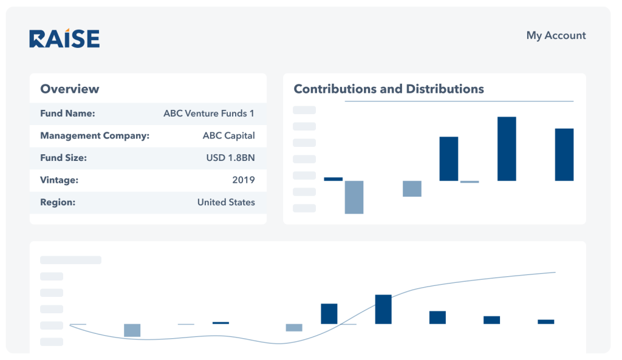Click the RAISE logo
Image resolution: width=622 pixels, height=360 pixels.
(x=64, y=38)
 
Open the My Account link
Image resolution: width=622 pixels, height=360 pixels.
(x=556, y=35)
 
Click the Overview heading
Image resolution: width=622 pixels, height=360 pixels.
(x=69, y=89)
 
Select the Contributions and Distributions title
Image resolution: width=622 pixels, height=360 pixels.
(x=389, y=89)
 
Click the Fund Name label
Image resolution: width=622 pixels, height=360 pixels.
(x=67, y=113)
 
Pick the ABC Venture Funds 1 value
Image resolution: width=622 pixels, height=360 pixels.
(x=209, y=113)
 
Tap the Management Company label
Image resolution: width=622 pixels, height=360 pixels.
(x=95, y=135)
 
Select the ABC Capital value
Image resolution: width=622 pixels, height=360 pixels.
(x=228, y=135)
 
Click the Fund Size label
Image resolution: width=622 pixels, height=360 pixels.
(x=63, y=158)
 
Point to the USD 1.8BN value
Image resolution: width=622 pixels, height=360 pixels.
(x=230, y=158)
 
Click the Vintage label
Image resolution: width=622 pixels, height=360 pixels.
(x=59, y=180)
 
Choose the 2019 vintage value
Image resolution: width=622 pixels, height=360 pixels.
(x=243, y=180)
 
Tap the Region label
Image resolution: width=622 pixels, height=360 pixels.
(x=58, y=202)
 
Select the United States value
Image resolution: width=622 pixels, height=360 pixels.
(x=226, y=202)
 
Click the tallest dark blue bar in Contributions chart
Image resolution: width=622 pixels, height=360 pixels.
(x=507, y=149)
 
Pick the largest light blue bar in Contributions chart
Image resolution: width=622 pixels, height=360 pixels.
(x=354, y=197)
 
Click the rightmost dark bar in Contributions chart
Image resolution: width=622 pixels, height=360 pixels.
(x=564, y=154)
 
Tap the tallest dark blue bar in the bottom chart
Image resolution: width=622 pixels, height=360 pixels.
(x=383, y=309)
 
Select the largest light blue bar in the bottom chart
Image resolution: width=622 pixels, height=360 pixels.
(x=132, y=330)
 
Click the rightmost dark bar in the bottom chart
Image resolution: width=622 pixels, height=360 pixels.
(x=545, y=321)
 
